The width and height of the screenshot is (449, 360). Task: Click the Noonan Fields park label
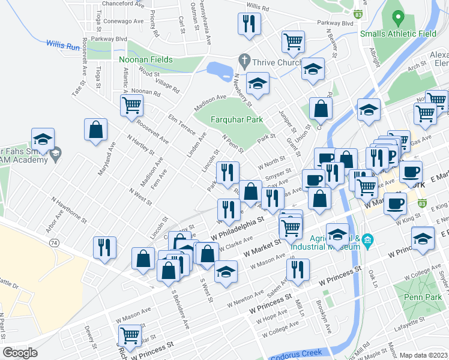(146, 59)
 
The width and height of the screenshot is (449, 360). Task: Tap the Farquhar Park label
(237, 119)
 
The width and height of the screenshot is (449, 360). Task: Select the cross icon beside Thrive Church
(243, 60)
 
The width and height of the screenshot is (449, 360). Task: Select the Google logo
(20, 352)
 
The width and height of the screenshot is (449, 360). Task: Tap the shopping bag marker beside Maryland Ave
(95, 130)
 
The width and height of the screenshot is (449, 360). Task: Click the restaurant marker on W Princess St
(297, 271)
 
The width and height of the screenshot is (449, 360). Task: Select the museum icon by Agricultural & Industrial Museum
(368, 242)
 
